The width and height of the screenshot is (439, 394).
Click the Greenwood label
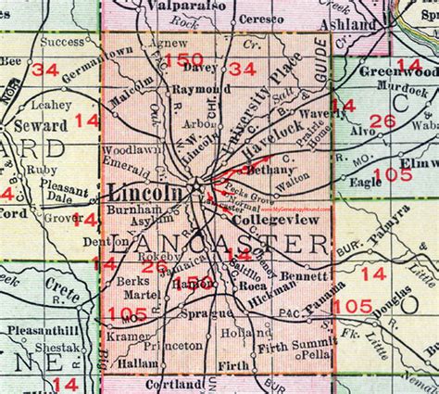pos(399,73)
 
